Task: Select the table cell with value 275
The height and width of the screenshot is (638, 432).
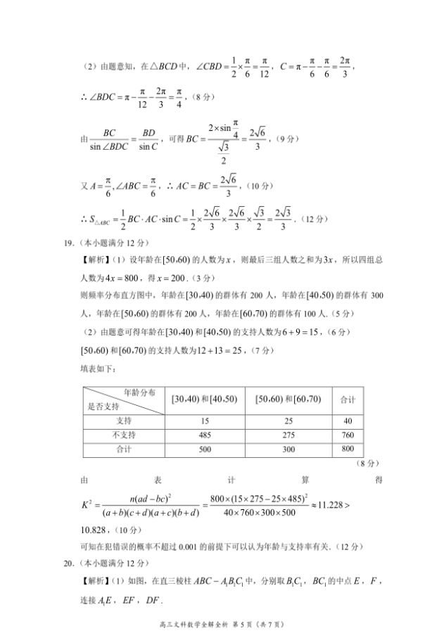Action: click(288, 435)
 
